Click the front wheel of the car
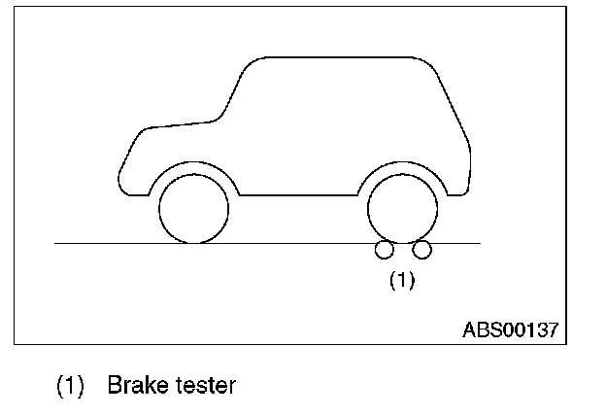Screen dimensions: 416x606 pyautogui.click(x=194, y=209)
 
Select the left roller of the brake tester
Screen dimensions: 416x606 pyautogui.click(x=385, y=251)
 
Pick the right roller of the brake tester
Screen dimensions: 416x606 pyautogui.click(x=421, y=251)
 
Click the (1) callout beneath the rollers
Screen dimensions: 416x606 pyautogui.click(x=402, y=280)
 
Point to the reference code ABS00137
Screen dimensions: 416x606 pyautogui.click(x=510, y=329)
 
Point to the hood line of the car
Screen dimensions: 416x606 pyautogui.click(x=180, y=124)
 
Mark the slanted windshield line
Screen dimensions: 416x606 pyautogui.click(x=233, y=92)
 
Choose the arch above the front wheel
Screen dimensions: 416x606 pyautogui.click(x=194, y=167)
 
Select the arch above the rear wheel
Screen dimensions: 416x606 pyautogui.click(x=402, y=165)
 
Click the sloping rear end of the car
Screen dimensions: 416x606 pyautogui.click(x=456, y=107)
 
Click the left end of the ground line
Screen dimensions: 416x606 pyautogui.click(x=58, y=243)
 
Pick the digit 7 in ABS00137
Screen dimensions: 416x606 pyautogui.click(x=553, y=329)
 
